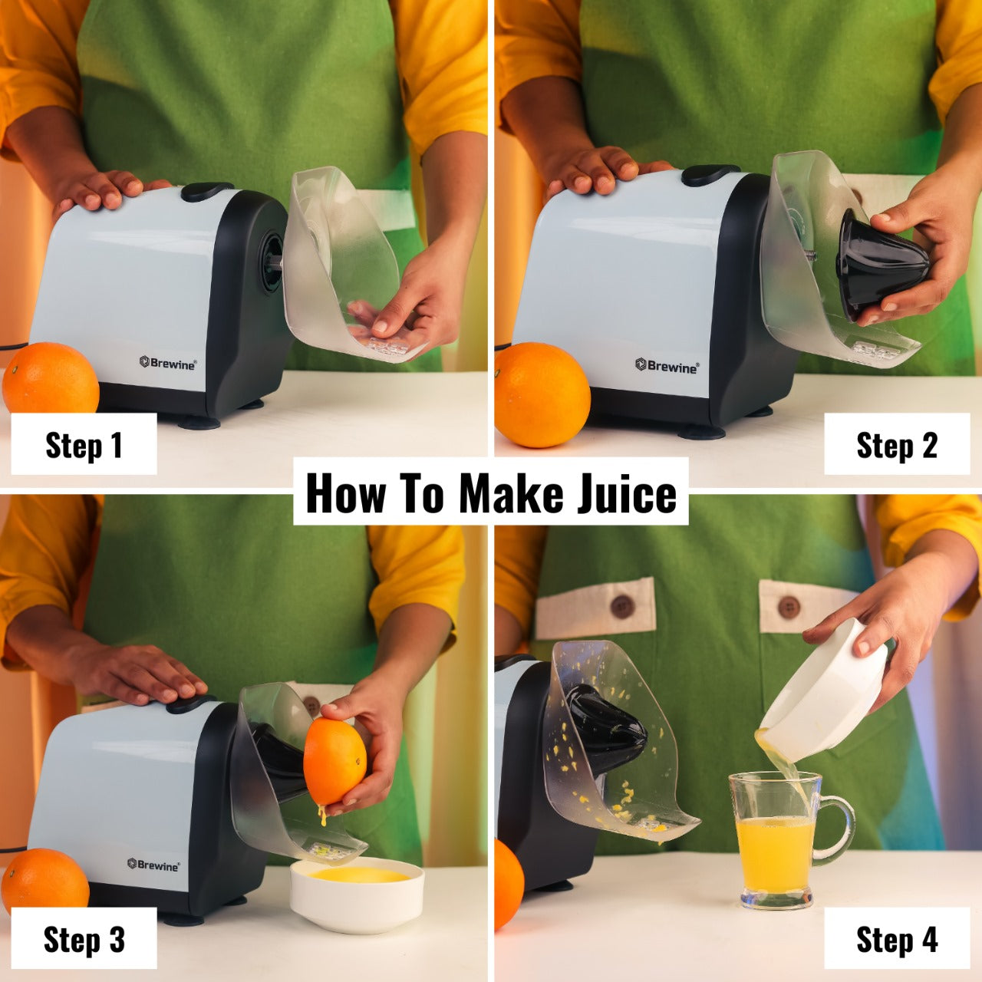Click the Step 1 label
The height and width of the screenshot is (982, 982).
84,444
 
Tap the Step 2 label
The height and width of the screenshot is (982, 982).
897,444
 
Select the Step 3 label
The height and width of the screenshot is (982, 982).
84,939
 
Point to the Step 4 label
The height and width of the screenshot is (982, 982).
897,939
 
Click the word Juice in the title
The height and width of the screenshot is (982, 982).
627,494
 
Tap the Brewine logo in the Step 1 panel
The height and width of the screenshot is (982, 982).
168,363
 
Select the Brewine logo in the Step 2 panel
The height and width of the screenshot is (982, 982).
667,365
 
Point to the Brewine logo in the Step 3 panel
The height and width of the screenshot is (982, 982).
153,865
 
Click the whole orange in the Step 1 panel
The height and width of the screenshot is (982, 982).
51,378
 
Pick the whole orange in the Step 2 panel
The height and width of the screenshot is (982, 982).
542,394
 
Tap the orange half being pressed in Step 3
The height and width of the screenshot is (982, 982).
334,762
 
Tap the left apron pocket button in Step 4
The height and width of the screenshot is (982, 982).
621,606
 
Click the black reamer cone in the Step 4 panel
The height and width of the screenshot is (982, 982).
608,727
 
